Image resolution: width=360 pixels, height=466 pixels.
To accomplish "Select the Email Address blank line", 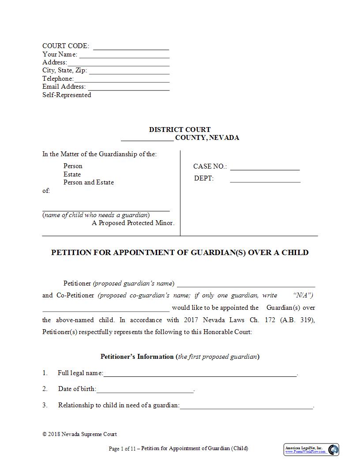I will [x=128, y=89].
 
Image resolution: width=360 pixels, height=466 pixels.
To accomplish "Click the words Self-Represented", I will [x=67, y=95].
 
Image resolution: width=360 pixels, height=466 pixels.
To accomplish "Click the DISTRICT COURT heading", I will [x=180, y=130].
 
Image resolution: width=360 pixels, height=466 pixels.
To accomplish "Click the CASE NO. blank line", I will [x=265, y=169].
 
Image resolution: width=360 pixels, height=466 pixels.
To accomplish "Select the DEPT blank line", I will [x=265, y=181].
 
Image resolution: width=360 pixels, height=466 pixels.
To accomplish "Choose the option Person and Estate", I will [x=89, y=182].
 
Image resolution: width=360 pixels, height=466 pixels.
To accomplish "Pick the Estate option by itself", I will [x=72, y=174].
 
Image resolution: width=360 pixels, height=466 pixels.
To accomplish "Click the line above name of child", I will [x=106, y=210].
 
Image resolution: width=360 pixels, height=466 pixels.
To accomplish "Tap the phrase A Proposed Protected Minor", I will [x=133, y=223].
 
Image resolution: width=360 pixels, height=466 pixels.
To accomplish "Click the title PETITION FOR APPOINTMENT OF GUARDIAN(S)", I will [x=180, y=252].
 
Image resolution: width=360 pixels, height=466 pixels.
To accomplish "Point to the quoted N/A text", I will [x=303, y=295].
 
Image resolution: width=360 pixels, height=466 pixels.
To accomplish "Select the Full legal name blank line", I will [x=200, y=375].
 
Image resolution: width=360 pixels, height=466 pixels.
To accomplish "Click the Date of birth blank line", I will [x=145, y=391].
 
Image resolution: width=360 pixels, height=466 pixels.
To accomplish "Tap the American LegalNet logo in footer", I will [x=311, y=450].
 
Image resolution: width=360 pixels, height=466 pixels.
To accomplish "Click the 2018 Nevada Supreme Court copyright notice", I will [x=79, y=434].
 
